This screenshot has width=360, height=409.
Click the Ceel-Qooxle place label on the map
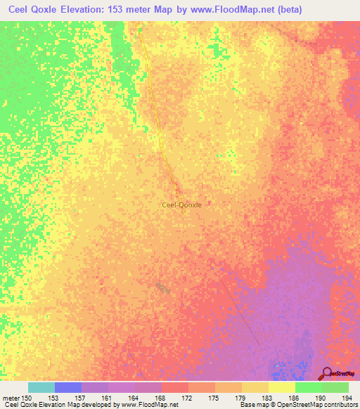coord(181,204)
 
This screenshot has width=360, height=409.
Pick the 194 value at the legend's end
coord(345,398)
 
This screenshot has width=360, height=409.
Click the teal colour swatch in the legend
coord(41,387)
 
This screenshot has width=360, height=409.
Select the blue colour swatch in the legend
coord(67,387)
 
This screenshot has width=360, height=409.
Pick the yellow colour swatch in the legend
coord(281,387)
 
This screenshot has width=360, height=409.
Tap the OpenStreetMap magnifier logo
coord(328,374)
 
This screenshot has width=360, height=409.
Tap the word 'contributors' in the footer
coord(340,405)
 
